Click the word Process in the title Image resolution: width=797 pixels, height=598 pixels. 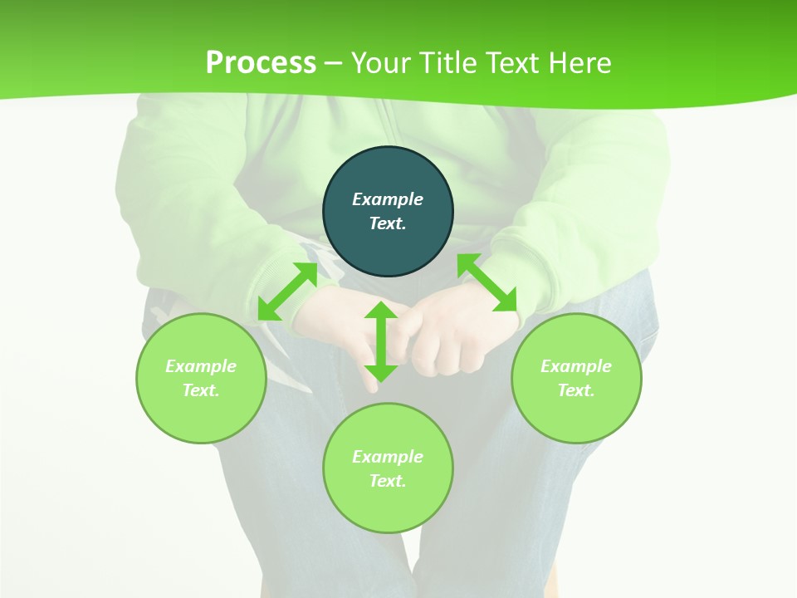pos(261,63)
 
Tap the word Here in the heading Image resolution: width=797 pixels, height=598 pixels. pos(579,63)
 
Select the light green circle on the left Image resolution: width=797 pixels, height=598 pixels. pos(201,415)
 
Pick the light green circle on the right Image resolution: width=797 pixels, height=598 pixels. pos(576,415)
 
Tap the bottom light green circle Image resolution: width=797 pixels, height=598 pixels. pos(388,507)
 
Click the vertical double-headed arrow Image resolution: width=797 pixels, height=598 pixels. pos(381,341)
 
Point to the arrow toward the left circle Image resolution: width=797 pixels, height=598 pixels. pos(287,292)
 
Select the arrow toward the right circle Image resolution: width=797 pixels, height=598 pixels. pos(487,282)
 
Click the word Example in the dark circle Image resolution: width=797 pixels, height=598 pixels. pos(388,199)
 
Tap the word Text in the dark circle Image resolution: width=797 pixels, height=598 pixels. pos(387,223)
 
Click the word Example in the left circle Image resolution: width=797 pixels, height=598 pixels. pos(201,366)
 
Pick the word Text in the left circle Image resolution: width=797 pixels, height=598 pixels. pos(201,390)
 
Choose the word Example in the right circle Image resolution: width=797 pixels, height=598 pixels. pos(576,366)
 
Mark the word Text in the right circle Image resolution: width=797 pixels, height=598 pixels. pos(575,390)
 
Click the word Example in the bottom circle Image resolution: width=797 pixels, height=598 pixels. pos(388,457)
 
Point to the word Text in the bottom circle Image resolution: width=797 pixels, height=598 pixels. pos(387,481)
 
